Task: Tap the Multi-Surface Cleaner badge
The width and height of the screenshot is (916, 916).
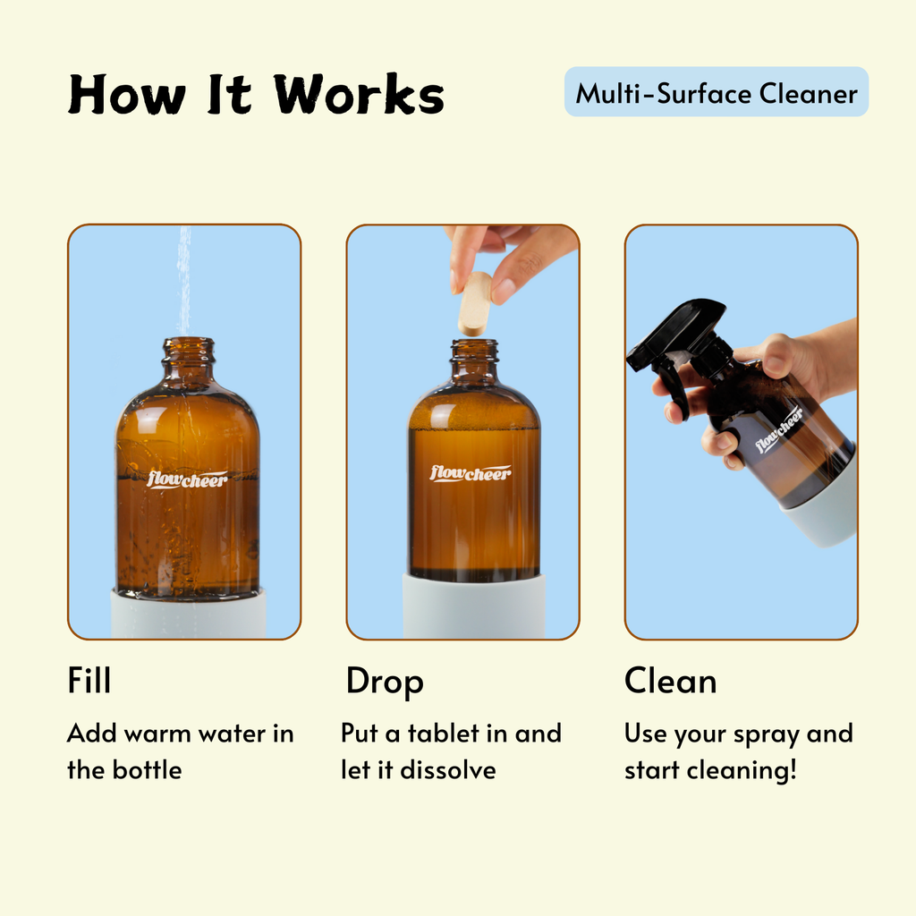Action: coord(717,92)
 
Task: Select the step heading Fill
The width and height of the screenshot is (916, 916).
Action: coord(89,680)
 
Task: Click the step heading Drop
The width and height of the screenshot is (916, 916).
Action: coord(385,683)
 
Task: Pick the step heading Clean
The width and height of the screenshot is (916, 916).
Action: coord(670,681)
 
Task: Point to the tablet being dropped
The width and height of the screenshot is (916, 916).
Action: coord(475,304)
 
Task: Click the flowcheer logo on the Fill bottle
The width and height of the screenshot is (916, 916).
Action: coord(187,479)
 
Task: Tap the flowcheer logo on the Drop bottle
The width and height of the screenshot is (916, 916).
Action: coord(471,472)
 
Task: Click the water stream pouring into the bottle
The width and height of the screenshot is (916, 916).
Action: coord(184,280)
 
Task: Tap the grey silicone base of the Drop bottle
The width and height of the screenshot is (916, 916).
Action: coord(474,606)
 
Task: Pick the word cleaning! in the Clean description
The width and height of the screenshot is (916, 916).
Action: coord(742,771)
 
